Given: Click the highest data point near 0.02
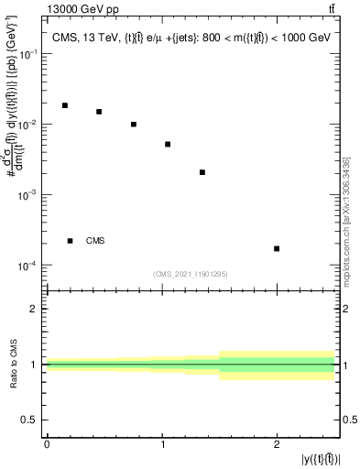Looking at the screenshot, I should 64,105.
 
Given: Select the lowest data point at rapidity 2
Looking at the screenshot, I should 277,248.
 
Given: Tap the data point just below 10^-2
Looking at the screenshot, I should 134,125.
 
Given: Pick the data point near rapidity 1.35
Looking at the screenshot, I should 202,172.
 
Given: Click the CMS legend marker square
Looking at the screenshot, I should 70,241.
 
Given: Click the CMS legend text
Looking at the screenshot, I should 95,241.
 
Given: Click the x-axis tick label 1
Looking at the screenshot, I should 162,444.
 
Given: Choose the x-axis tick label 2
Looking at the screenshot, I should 277,444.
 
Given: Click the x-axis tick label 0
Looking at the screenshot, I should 47,444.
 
